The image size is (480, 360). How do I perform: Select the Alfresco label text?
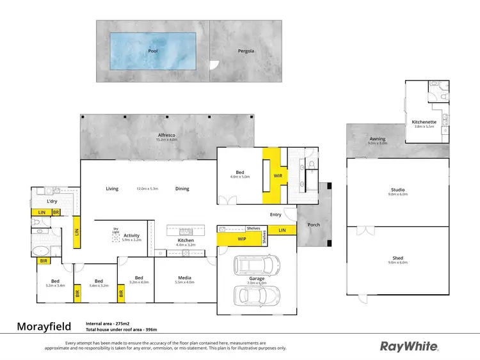click(x=168, y=135)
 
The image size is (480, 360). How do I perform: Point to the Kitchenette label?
click(x=424, y=121)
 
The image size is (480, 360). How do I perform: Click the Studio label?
click(x=398, y=190)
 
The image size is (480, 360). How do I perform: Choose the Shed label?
click(x=398, y=258)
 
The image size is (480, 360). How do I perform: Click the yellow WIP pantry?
click(x=241, y=239)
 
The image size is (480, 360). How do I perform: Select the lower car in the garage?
click(x=256, y=295)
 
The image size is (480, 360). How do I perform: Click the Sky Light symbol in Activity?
click(x=116, y=237)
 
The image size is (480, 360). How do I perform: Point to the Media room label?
click(x=184, y=278)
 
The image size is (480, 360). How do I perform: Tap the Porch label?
click(x=314, y=224)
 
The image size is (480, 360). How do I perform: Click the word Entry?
click(x=276, y=215)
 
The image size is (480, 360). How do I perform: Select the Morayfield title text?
click(x=42, y=326)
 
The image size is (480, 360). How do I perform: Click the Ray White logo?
click(x=410, y=346)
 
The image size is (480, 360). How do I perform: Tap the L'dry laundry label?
click(x=52, y=201)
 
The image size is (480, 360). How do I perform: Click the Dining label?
click(x=182, y=189)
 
